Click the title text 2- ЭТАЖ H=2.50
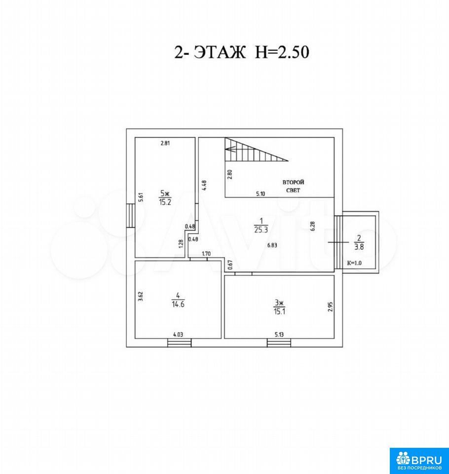tap(242, 52)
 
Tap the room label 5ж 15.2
tap(165, 197)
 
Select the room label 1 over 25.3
tap(261, 226)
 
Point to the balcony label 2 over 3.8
tap(359, 242)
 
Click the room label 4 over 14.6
tap(178, 300)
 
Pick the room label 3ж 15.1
tap(279, 307)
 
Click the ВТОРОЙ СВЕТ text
tap(293, 186)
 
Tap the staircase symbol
tap(256, 149)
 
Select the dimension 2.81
tap(165, 143)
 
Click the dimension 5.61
tap(140, 197)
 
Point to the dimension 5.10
tap(261, 194)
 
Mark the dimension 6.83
tap(272, 245)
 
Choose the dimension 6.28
tap(313, 226)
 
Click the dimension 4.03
tap(178, 335)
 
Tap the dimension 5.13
tap(279, 335)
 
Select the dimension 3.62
tap(140, 296)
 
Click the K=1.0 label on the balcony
tap(354, 263)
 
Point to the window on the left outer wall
tap(131, 216)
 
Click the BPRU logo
tap(419, 461)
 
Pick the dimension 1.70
tap(206, 254)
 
